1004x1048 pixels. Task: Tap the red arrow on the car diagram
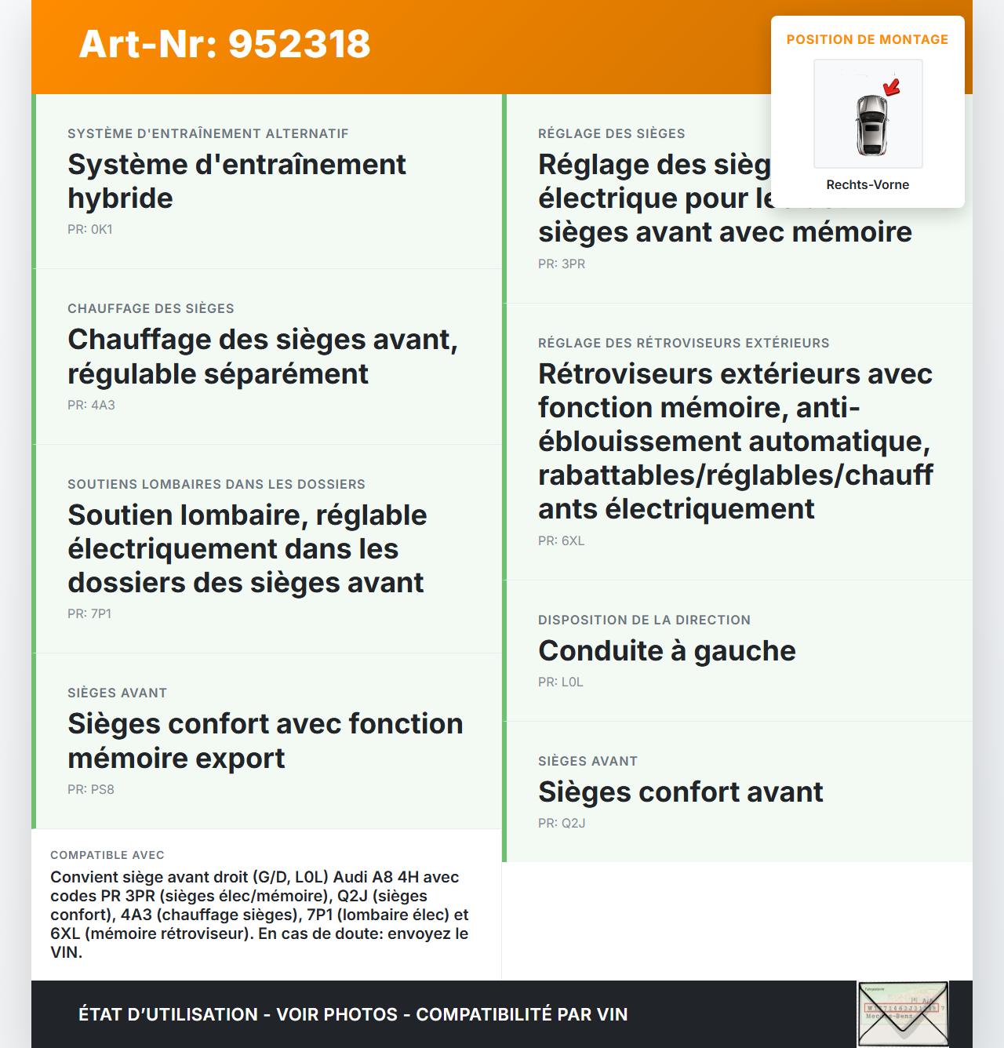pos(892,86)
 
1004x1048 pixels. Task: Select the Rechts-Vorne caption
pos(868,185)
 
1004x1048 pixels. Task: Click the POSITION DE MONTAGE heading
pos(868,40)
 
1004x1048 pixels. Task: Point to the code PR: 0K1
pos(90,230)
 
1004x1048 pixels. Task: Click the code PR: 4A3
pos(91,406)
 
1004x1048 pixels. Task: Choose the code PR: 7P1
pos(89,614)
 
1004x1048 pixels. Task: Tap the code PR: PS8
pos(91,790)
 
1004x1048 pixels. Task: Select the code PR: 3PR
pos(562,264)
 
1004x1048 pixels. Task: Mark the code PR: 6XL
pos(562,541)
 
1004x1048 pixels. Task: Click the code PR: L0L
pos(561,682)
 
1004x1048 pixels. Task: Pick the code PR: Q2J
pos(562,824)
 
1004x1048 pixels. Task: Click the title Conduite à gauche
pos(667,651)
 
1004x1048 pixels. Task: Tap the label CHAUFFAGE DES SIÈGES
pos(151,309)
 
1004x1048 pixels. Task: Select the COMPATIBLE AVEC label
pos(107,855)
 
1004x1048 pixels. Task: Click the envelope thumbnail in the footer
pos(903,1013)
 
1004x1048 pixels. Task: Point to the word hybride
pos(120,198)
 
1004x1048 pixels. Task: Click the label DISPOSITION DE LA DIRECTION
pos(644,620)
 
